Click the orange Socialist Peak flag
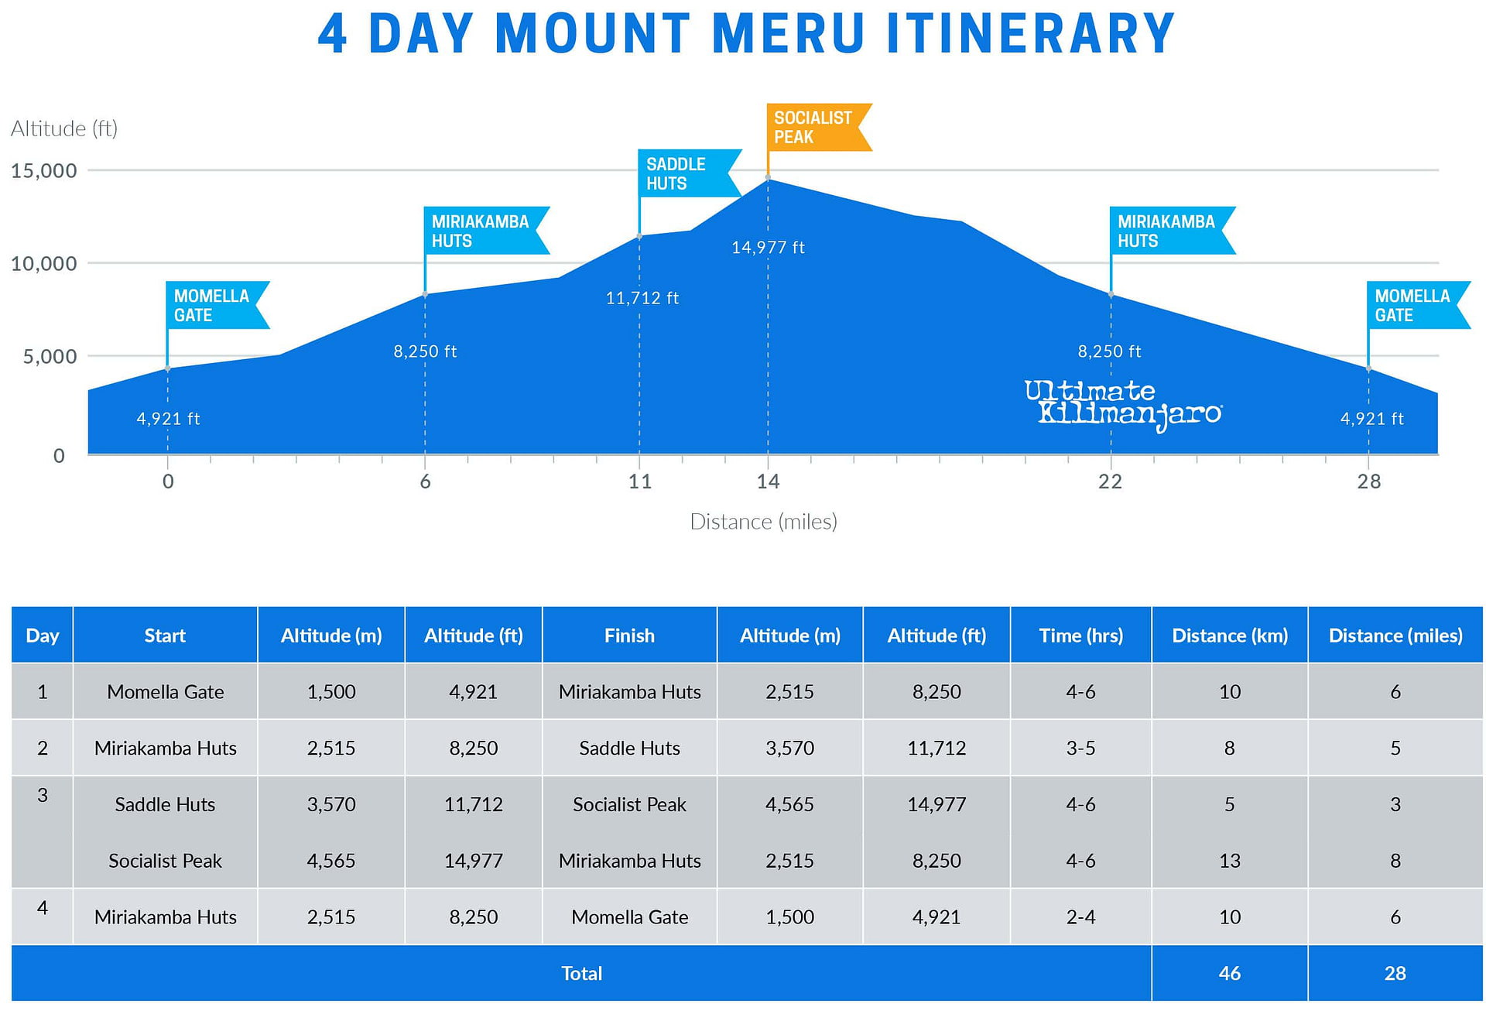point(814,127)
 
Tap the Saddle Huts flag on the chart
point(684,173)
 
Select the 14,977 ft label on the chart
point(768,248)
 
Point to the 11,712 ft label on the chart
point(642,298)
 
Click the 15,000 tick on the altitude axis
point(44,170)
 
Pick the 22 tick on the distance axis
point(1110,481)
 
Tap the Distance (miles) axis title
point(763,522)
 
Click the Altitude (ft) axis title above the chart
point(64,128)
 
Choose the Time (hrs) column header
point(1080,636)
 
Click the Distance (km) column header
point(1229,636)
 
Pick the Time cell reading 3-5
point(1080,748)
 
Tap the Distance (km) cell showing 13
point(1229,861)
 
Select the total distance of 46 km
point(1229,973)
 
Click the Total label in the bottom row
point(581,973)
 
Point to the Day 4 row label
point(43,907)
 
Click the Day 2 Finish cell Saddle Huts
point(629,748)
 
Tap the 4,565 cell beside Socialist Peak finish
point(789,804)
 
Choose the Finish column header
point(629,636)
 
